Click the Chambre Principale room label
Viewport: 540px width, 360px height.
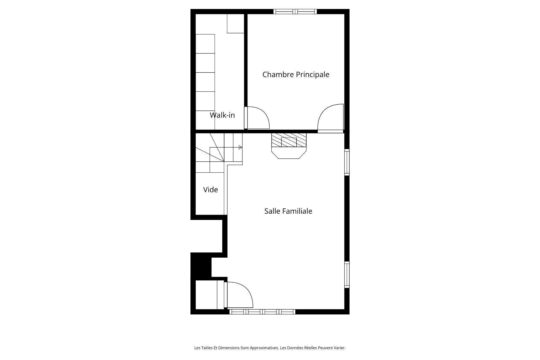[296, 75]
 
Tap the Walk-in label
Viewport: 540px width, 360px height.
[222, 115]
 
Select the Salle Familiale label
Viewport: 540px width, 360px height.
[288, 211]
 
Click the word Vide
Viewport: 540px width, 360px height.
[210, 190]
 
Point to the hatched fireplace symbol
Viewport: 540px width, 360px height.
[289, 141]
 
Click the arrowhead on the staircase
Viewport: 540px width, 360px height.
[240, 147]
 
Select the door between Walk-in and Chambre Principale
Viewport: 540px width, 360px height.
[257, 118]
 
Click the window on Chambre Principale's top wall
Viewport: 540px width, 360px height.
[295, 12]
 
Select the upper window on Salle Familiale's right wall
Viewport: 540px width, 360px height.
[347, 162]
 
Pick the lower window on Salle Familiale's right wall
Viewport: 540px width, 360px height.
[347, 275]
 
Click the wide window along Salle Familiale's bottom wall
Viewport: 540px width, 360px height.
[262, 312]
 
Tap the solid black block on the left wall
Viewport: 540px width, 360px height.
[201, 265]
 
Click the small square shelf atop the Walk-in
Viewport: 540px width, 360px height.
[235, 23]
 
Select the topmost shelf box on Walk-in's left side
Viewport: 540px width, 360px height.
[205, 44]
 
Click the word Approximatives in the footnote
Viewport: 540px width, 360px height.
[264, 348]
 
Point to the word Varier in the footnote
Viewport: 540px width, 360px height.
[339, 348]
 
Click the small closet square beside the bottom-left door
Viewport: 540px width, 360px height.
[206, 295]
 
